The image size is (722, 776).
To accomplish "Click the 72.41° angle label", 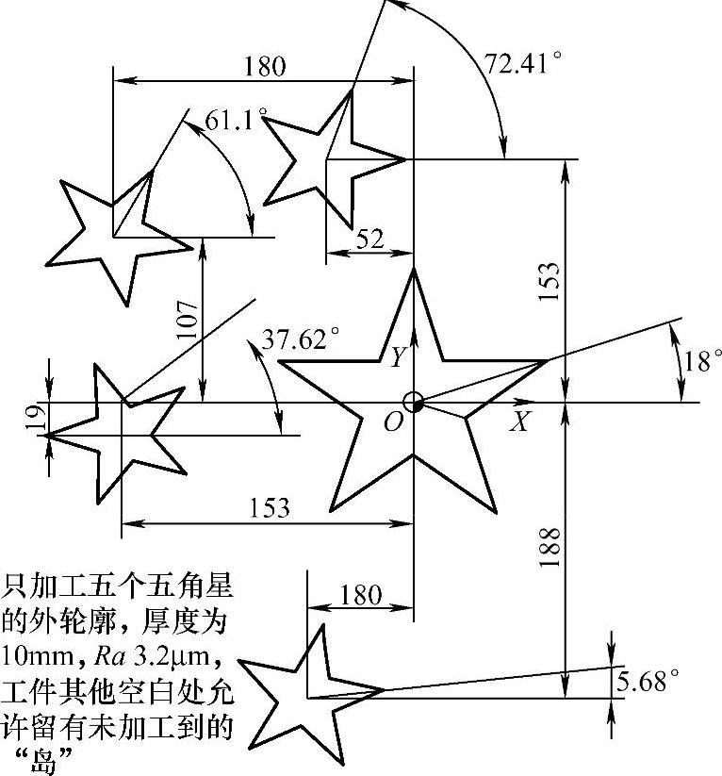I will (523, 64).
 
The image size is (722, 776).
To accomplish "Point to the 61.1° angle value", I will (236, 120).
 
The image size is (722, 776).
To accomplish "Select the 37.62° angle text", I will (301, 339).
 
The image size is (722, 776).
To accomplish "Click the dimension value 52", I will (370, 239).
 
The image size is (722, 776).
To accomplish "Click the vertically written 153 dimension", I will (550, 280).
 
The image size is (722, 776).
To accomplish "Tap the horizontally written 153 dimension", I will (270, 507).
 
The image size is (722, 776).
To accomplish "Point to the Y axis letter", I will (399, 357).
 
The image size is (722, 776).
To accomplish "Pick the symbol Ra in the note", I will (109, 654).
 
